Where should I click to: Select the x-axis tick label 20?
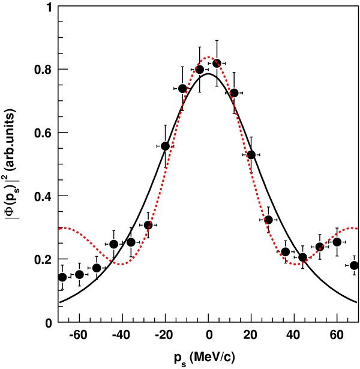click(x=251, y=335)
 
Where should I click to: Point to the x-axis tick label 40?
click(x=294, y=335)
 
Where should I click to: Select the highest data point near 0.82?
click(x=217, y=63)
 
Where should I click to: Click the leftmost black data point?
click(x=62, y=277)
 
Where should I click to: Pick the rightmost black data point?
click(x=354, y=265)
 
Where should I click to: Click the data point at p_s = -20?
click(x=166, y=146)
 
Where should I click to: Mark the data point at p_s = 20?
click(x=251, y=155)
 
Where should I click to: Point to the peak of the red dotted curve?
click(x=209, y=58)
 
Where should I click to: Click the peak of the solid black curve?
click(x=209, y=74)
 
